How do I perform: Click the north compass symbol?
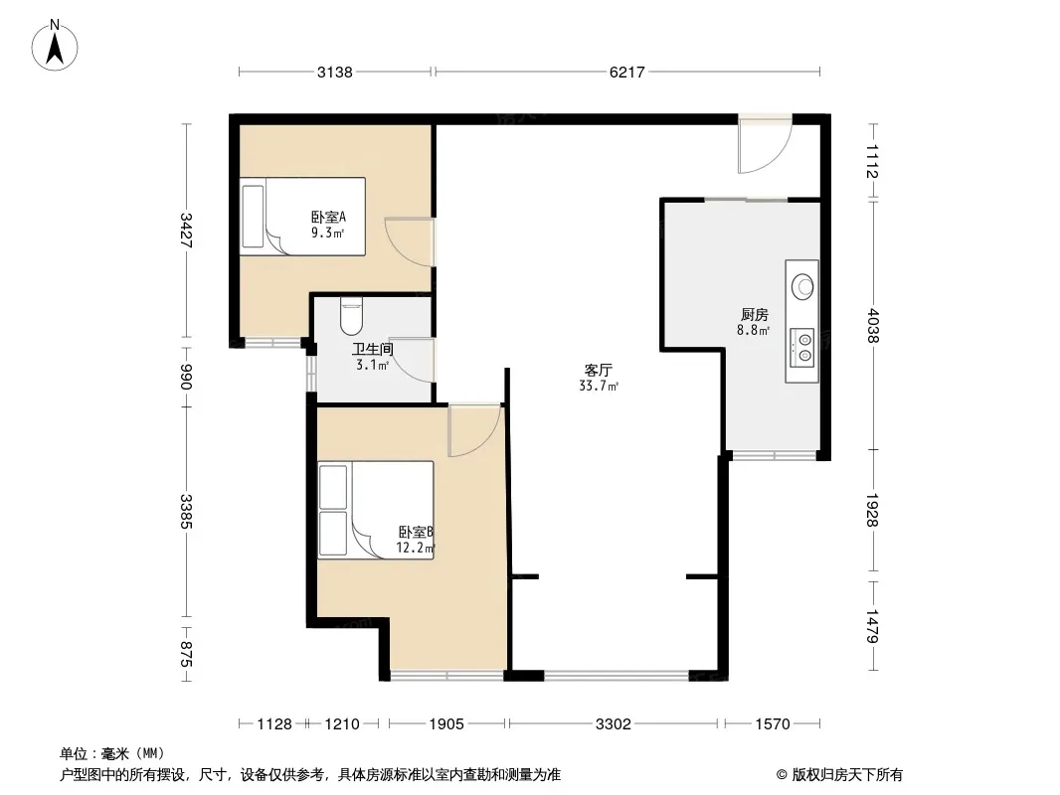[55, 46]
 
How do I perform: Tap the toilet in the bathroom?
[352, 316]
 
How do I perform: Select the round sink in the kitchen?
[803, 286]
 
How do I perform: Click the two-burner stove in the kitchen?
[801, 348]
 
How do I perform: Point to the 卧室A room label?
[328, 217]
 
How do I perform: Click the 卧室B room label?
[416, 533]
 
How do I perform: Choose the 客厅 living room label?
[599, 370]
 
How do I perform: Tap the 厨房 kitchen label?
[754, 314]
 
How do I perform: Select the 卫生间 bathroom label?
[373, 349]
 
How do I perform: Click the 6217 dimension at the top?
[626, 72]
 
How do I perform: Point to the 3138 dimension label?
[335, 72]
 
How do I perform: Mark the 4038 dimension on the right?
[873, 325]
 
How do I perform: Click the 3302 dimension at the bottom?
[614, 724]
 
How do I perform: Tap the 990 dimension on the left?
[187, 377]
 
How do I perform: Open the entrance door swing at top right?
[765, 144]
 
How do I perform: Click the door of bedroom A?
[410, 242]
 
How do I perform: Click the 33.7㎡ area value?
[599, 387]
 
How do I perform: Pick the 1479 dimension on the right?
[873, 626]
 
